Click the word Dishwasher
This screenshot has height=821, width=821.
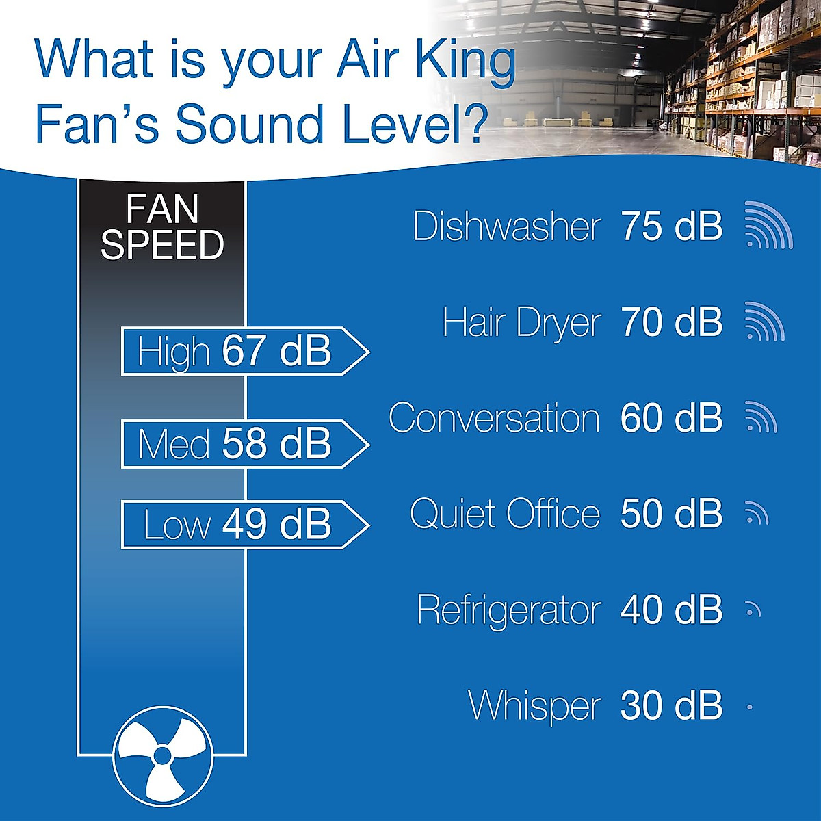pyautogui.click(x=507, y=226)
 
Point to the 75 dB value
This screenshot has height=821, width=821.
pyautogui.click(x=671, y=226)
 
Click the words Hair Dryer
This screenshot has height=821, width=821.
pyautogui.click(x=521, y=322)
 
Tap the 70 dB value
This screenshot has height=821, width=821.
pyautogui.click(x=671, y=322)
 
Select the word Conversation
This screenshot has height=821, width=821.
pyautogui.click(x=494, y=418)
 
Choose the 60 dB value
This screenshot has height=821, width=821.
pyautogui.click(x=671, y=418)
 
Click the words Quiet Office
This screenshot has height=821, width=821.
pyautogui.click(x=505, y=514)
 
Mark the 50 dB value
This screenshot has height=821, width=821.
pyautogui.click(x=671, y=514)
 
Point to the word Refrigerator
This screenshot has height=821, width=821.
pyautogui.click(x=508, y=610)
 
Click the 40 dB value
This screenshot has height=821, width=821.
pyautogui.click(x=671, y=610)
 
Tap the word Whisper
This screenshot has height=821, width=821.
pyautogui.click(x=534, y=705)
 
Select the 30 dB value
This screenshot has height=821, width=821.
pyautogui.click(x=671, y=705)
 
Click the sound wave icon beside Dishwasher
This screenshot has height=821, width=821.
pyautogui.click(x=768, y=226)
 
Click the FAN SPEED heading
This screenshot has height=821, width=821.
pyautogui.click(x=162, y=227)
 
